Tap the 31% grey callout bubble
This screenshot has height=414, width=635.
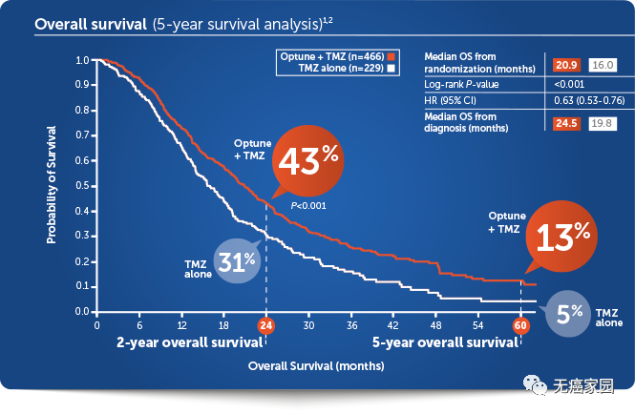coord(235,259)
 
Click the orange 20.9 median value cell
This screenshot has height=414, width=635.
coord(566,64)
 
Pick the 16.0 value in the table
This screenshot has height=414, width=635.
coord(603,64)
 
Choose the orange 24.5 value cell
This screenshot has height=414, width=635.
coord(566,122)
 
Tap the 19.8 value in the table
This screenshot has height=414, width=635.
coord(603,122)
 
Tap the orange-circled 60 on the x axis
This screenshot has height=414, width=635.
coord(521,324)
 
